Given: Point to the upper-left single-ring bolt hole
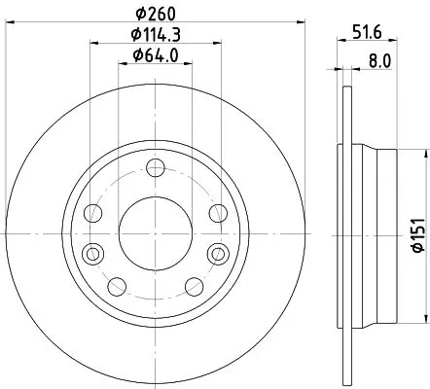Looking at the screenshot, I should pyautogui.click(x=93, y=212).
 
